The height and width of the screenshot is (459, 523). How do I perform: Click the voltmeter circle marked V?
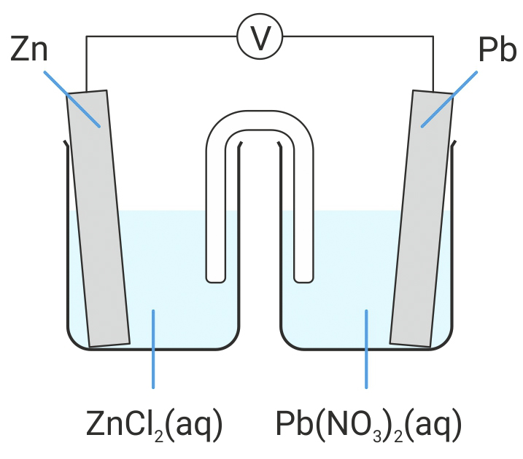pyautogui.click(x=260, y=37)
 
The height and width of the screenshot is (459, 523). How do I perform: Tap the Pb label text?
pyautogui.click(x=495, y=52)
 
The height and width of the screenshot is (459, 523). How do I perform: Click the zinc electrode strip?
pyautogui.click(x=98, y=219)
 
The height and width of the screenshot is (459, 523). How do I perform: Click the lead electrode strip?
pyautogui.click(x=422, y=219)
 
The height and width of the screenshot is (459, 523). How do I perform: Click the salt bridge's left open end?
pyautogui.click(x=216, y=275)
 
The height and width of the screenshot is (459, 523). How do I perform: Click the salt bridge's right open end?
pyautogui.click(x=303, y=275)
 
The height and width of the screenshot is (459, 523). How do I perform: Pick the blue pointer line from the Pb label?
pyautogui.click(x=449, y=99)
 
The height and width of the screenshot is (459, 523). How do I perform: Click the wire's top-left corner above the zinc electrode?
pyautogui.click(x=87, y=37)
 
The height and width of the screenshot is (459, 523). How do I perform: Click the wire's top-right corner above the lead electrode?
pyautogui.click(x=433, y=37)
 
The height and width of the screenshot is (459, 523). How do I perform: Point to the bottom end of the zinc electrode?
pyautogui.click(x=109, y=341)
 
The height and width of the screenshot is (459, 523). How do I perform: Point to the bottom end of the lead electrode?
pyautogui.click(x=410, y=341)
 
